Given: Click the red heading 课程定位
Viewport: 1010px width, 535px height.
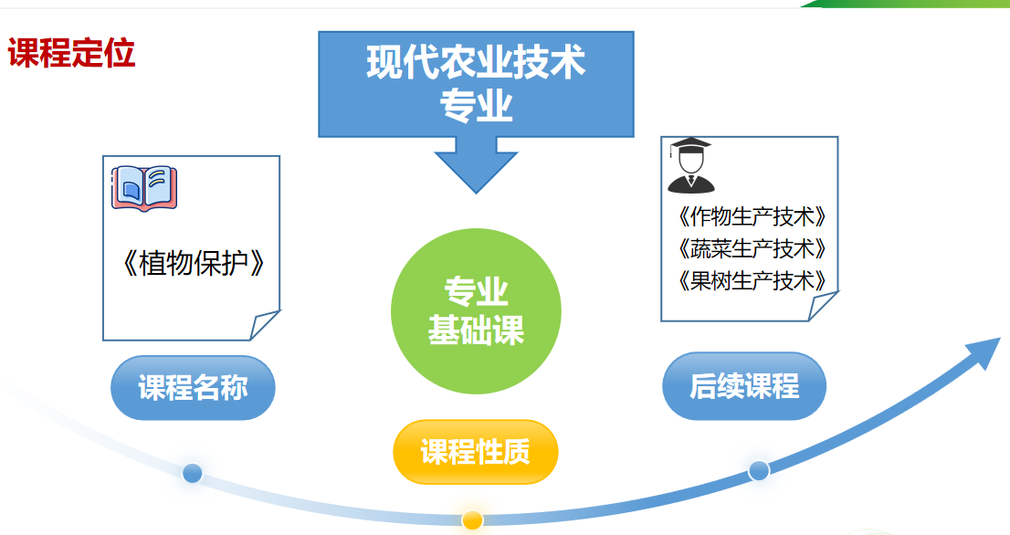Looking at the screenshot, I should [72, 54].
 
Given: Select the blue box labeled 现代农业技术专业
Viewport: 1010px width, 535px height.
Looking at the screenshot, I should [476, 83].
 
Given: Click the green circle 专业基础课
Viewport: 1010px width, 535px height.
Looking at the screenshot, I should [476, 310].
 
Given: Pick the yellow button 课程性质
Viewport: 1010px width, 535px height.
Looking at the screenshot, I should [475, 452].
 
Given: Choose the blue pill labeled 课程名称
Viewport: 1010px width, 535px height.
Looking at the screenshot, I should [193, 388].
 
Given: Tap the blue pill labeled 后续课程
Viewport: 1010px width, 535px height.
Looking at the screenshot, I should [743, 386].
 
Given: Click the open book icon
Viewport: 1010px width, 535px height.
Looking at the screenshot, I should [143, 188].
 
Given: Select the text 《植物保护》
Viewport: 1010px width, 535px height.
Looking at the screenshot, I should [194, 263].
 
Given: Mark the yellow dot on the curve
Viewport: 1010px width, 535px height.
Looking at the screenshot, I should [472, 520].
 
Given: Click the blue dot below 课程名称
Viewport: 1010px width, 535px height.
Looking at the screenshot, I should [192, 473].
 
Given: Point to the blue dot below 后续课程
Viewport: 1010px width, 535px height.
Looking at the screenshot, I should [759, 470].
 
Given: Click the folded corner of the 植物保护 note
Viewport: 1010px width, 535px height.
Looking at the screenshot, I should [264, 325].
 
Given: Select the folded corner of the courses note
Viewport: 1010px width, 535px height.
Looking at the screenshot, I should [822, 307].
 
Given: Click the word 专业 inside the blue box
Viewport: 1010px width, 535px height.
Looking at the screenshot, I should [476, 107].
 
